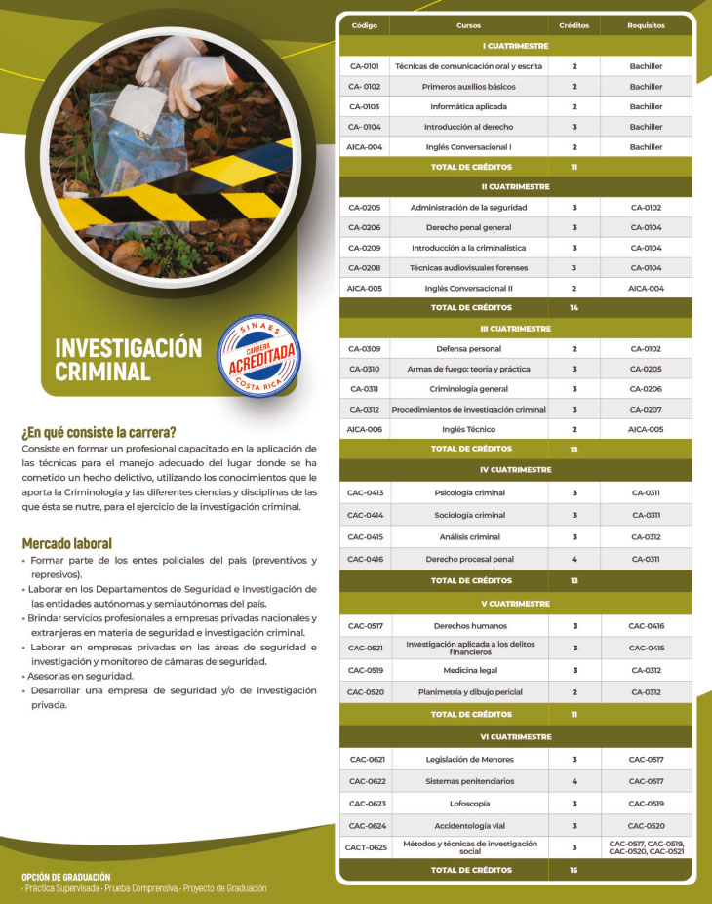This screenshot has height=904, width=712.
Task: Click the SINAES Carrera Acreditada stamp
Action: (258, 356)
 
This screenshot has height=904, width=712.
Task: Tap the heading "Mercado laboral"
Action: (66, 543)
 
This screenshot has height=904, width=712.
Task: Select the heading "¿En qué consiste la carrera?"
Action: (99, 432)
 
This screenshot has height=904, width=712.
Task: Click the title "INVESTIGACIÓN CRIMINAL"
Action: (128, 359)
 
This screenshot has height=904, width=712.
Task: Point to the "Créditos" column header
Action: (574, 25)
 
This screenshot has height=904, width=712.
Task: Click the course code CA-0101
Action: (364, 66)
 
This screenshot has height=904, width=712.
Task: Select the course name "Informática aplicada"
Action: (468, 106)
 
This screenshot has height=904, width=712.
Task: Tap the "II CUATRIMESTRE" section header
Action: (515, 186)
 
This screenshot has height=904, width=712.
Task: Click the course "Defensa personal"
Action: (468, 348)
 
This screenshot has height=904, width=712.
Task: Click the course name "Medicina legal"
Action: (468, 670)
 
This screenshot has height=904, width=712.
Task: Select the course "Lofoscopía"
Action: (468, 804)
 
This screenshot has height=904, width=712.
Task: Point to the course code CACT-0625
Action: (365, 847)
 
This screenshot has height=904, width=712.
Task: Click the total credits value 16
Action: (574, 870)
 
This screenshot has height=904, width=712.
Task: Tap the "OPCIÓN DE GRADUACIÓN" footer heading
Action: (66, 877)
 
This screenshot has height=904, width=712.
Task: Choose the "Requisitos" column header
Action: (646, 25)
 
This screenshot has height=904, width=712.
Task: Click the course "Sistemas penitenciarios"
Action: (468, 781)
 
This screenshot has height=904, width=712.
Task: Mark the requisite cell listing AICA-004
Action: (646, 288)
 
